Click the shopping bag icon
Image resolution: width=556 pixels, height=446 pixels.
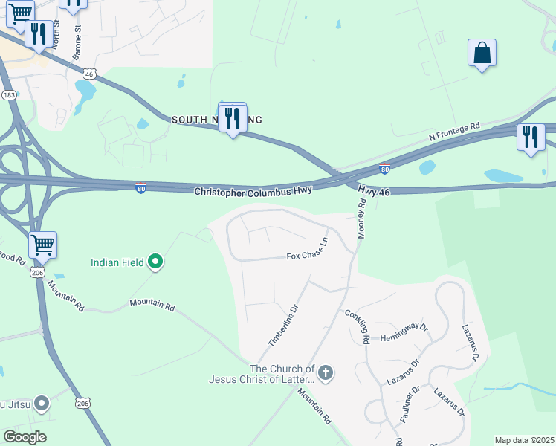click(x=482, y=54)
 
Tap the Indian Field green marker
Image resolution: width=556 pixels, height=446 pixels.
click(x=155, y=261)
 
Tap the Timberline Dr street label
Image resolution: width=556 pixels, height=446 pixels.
click(x=282, y=326)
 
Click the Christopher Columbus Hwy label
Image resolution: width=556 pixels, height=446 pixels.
click(x=252, y=191)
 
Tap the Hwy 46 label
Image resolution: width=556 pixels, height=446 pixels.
click(x=373, y=191)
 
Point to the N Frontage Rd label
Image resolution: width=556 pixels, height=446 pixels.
click(x=455, y=133)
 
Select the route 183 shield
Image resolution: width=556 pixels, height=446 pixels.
click(x=10, y=95)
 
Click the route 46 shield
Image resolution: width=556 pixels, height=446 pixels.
click(x=90, y=74)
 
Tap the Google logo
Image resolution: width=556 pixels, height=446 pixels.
click(x=25, y=436)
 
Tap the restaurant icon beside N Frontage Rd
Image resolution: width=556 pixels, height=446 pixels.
click(x=531, y=138)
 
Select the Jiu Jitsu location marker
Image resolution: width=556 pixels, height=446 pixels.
click(x=42, y=404)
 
